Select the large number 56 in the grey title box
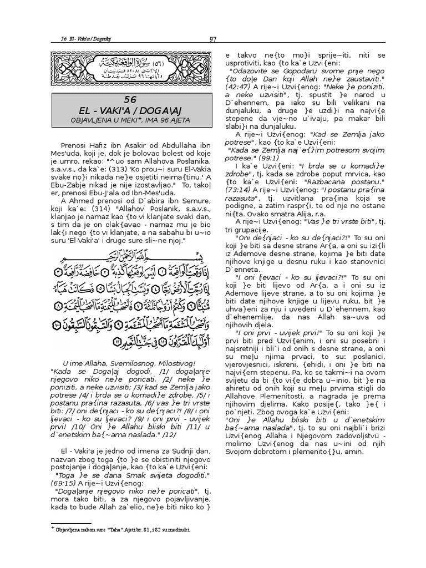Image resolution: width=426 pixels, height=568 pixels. (x=130, y=99)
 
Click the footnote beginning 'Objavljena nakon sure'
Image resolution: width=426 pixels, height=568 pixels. (x=122, y=530)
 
